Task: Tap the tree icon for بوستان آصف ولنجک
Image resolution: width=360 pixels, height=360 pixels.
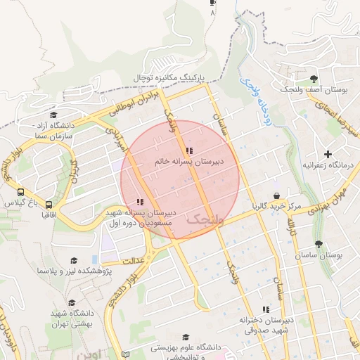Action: click(314, 78)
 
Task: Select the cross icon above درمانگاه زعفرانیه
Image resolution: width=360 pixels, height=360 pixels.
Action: click(328, 153)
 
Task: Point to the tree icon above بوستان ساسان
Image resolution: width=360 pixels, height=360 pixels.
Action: click(319, 244)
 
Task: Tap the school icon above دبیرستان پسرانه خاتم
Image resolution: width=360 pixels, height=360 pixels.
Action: click(188, 151)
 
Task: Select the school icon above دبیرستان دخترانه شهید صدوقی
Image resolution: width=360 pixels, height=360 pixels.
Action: click(266, 309)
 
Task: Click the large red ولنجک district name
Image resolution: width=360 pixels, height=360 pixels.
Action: click(205, 221)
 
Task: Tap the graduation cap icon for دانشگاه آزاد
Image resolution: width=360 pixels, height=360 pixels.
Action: click(53, 115)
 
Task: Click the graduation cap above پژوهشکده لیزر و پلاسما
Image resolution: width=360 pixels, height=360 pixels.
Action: click(72, 261)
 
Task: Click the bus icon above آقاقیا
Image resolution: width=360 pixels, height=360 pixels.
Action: click(48, 202)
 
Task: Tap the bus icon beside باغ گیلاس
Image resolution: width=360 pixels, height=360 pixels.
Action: click(20, 192)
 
